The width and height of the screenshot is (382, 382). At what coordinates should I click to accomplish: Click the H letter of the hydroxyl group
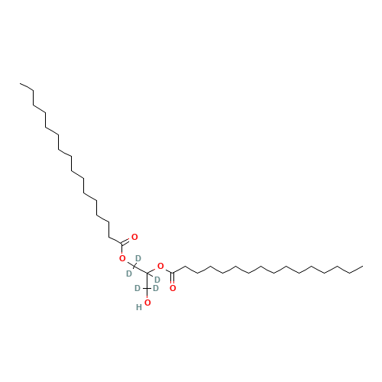coord(139,307)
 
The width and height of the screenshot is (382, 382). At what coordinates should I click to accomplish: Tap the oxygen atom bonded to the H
coord(147,303)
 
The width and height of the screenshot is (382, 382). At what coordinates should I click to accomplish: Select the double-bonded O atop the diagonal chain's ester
coord(134,237)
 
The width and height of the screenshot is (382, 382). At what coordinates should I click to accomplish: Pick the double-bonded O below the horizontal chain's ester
coord(173,288)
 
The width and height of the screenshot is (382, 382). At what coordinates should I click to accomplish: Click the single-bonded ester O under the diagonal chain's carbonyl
coord(122,259)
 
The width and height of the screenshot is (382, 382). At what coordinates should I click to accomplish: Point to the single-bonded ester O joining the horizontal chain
coord(160,267)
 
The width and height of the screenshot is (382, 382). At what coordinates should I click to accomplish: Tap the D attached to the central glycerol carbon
coord(157,280)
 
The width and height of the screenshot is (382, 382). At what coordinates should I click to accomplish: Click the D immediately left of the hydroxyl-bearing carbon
coord(138,288)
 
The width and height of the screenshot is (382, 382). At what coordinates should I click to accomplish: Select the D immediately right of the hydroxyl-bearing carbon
coord(156,288)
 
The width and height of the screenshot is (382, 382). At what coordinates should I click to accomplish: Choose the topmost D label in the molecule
coord(138,258)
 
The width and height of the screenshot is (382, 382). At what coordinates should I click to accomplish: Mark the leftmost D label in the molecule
coord(129,274)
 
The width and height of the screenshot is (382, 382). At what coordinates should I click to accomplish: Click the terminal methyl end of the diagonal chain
coord(21,83)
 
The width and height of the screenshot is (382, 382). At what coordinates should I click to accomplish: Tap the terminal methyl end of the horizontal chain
coord(363,267)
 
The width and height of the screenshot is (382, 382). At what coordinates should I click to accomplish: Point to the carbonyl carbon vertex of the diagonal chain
coord(122,244)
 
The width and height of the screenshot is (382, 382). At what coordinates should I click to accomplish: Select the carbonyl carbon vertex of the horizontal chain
coord(173,274)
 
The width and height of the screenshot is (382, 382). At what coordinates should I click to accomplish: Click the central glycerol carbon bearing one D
coord(147,274)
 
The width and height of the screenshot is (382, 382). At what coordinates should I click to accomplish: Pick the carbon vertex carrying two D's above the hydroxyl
coord(147,288)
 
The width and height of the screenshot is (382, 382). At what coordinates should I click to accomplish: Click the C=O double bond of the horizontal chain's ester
coord(173,280)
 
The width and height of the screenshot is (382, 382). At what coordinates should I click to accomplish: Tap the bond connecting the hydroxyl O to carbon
coord(147,293)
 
